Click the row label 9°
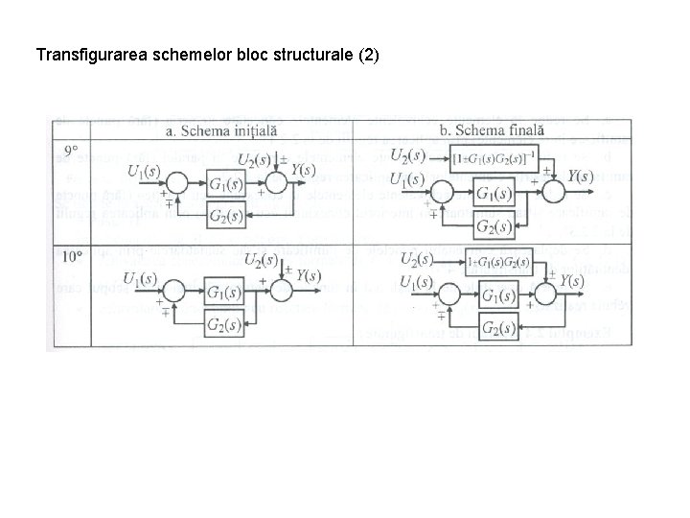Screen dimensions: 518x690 (71, 151)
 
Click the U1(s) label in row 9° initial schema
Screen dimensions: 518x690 (146, 172)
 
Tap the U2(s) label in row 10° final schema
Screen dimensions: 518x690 (417, 260)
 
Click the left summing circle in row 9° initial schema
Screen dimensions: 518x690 (176, 183)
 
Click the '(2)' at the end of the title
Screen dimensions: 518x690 (369, 55)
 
